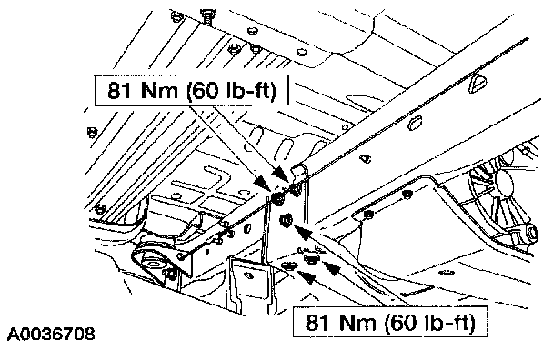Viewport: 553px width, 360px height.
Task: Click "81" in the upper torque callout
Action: [x=120, y=90]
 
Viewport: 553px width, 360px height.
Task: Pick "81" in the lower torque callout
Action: [x=317, y=322]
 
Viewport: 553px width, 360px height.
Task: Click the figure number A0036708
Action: [x=51, y=334]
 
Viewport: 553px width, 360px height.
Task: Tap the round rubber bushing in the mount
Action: [x=153, y=263]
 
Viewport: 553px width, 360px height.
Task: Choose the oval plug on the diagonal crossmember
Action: [x=417, y=123]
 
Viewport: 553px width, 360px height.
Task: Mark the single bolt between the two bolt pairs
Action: [x=286, y=221]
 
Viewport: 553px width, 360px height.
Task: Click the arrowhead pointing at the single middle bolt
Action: [x=302, y=233]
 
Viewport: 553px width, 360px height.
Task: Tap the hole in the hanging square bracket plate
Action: [x=249, y=275]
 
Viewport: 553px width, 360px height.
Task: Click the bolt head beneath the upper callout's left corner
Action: [x=92, y=132]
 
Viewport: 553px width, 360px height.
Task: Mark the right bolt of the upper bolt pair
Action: [x=296, y=191]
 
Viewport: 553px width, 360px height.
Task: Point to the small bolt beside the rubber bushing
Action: [x=170, y=274]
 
